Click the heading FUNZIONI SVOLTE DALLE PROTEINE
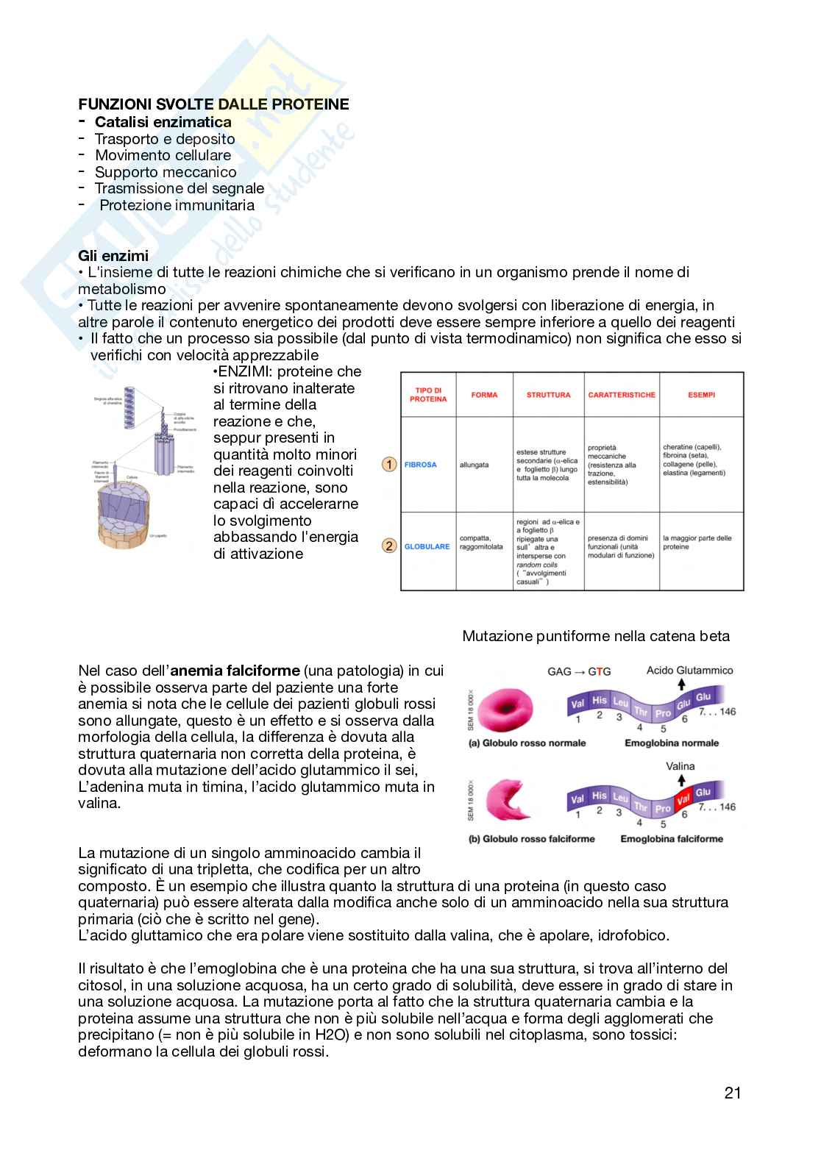213,104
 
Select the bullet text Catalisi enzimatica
163,122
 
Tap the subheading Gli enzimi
113,256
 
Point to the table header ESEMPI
701,395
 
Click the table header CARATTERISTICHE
621,395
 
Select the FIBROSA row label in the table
420,465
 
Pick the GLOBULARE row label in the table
427,546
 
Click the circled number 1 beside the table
390,465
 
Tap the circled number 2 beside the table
390,546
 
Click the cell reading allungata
474,465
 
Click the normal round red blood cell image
508,707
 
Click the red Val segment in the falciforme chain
683,799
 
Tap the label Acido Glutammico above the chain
689,670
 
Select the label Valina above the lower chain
680,766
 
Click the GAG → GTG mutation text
579,671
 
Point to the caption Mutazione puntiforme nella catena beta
596,636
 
